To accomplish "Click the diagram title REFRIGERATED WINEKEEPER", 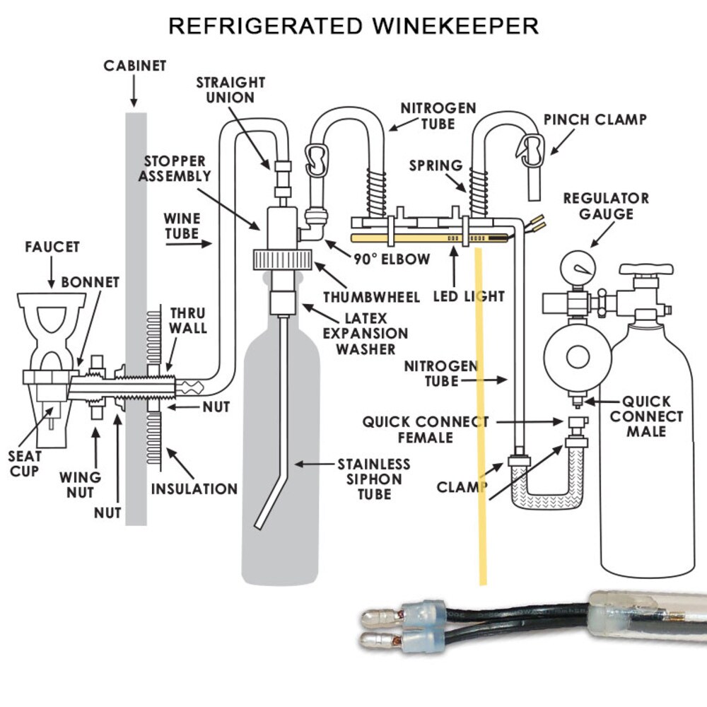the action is click(x=353, y=26).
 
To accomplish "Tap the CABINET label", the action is click(x=135, y=66).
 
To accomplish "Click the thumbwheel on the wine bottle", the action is click(x=283, y=259).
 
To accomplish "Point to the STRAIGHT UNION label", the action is click(x=230, y=90).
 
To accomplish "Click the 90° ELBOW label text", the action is click(x=392, y=259).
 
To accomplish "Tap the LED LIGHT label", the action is click(x=469, y=296).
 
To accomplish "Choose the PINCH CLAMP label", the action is click(x=595, y=119).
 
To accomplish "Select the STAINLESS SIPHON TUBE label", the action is click(x=374, y=479).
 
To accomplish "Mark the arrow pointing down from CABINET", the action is click(x=134, y=91).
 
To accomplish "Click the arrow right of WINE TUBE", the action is click(x=189, y=244).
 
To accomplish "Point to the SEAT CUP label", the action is click(x=24, y=464).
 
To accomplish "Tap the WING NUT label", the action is click(x=81, y=485).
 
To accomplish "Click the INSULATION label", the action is click(x=194, y=489).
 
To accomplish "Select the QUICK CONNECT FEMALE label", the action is click(x=425, y=430).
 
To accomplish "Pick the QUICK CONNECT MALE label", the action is click(x=646, y=416).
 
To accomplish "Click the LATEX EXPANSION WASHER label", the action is click(x=366, y=334).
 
